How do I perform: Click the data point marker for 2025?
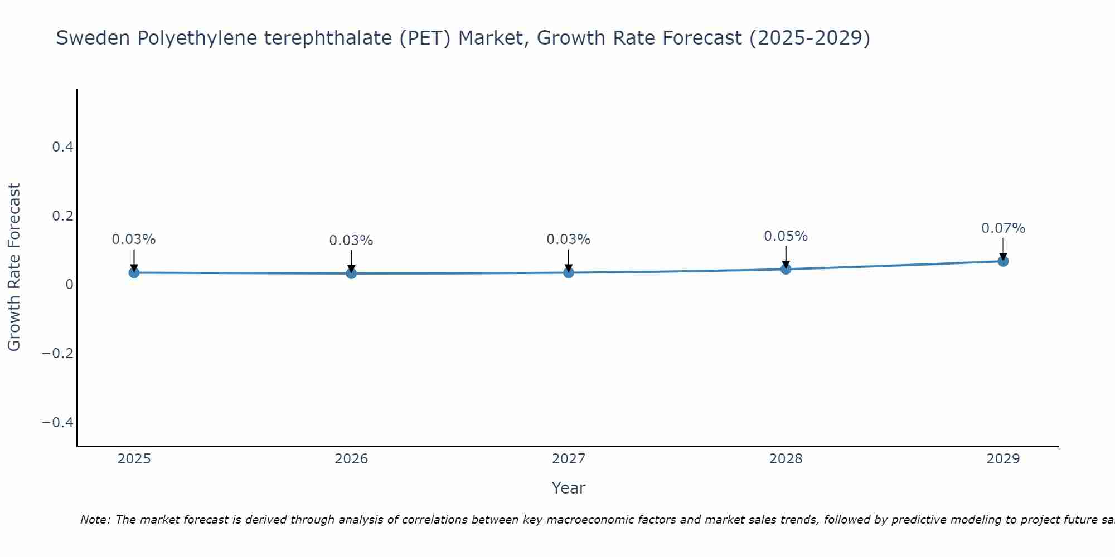134,272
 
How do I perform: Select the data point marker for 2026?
351,273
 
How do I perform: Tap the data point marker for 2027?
569,272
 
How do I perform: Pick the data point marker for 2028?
786,269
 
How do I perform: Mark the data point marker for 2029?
1003,261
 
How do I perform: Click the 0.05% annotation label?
786,236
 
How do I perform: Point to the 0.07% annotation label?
1003,228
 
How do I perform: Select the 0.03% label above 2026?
351,241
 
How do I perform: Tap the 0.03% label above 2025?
134,240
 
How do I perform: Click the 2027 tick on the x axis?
569,459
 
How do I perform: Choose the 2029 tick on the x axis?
1003,459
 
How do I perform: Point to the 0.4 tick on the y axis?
62,147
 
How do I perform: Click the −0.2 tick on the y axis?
58,354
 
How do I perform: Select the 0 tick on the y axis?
69,285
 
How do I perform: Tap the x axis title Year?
568,488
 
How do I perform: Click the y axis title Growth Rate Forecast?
14,267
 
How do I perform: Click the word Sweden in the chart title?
93,38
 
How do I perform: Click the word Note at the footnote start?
95,520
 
